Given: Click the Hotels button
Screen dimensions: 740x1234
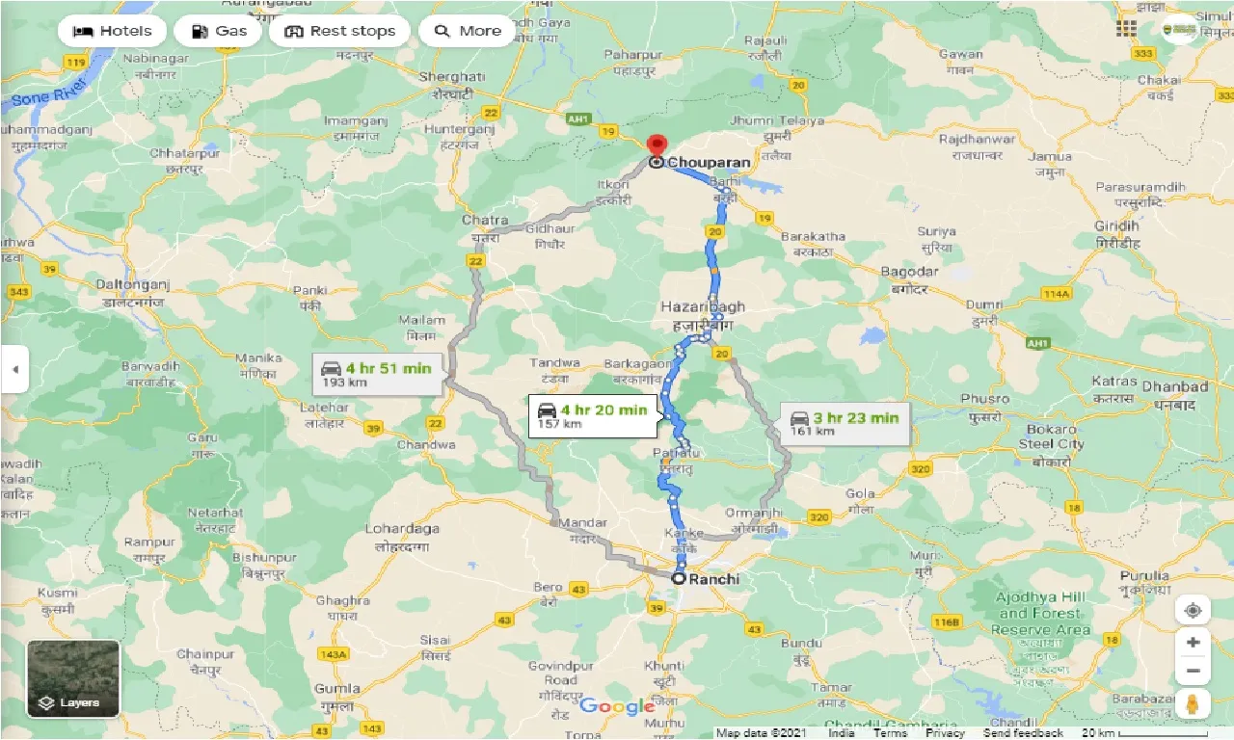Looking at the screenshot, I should click(x=113, y=31).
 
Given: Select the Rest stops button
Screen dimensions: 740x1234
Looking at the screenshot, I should click(x=339, y=31).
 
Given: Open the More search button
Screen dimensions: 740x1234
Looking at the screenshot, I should click(x=468, y=31).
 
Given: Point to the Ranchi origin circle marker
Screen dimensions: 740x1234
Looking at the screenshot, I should click(x=679, y=579).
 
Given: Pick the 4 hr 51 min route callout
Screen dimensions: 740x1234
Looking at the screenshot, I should click(x=377, y=373).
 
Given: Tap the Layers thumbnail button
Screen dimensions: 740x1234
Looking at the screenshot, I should click(x=73, y=679).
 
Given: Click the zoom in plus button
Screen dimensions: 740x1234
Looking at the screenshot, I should click(x=1193, y=643).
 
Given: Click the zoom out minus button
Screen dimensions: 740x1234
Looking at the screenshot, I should click(x=1193, y=671).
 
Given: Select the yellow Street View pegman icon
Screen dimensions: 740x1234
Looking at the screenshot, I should click(x=1193, y=704).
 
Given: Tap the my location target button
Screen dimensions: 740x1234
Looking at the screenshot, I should click(x=1193, y=611).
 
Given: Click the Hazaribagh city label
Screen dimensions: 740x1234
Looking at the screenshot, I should click(x=702, y=307).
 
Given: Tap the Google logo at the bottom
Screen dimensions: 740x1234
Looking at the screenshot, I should click(x=617, y=706).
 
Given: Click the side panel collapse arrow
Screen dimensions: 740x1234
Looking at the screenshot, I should click(x=14, y=369).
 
